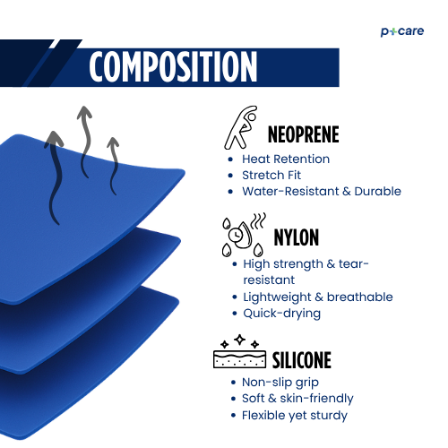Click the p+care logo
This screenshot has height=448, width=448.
(402, 31)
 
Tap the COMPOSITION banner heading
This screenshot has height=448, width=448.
(173, 66)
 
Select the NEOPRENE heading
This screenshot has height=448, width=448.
(303, 134)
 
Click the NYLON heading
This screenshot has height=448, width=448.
(297, 237)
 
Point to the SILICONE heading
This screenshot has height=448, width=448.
(302, 360)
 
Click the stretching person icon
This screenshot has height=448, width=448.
(241, 127)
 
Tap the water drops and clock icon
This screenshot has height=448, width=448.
(244, 235)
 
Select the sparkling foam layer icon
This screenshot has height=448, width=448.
(239, 351)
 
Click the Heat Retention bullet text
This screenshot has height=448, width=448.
(286, 159)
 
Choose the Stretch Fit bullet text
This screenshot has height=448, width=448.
(271, 175)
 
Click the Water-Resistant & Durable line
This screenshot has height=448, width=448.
(322, 191)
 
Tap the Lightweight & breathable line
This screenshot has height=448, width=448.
(318, 297)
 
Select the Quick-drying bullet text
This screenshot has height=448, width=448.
(281, 314)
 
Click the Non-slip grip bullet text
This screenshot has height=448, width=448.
(280, 383)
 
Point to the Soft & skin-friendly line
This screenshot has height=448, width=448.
(297, 399)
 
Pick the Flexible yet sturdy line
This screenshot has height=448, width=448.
(295, 416)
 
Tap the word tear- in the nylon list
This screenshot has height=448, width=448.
(354, 264)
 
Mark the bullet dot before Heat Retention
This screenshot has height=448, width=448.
(230, 159)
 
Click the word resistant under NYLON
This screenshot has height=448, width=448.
(269, 280)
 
